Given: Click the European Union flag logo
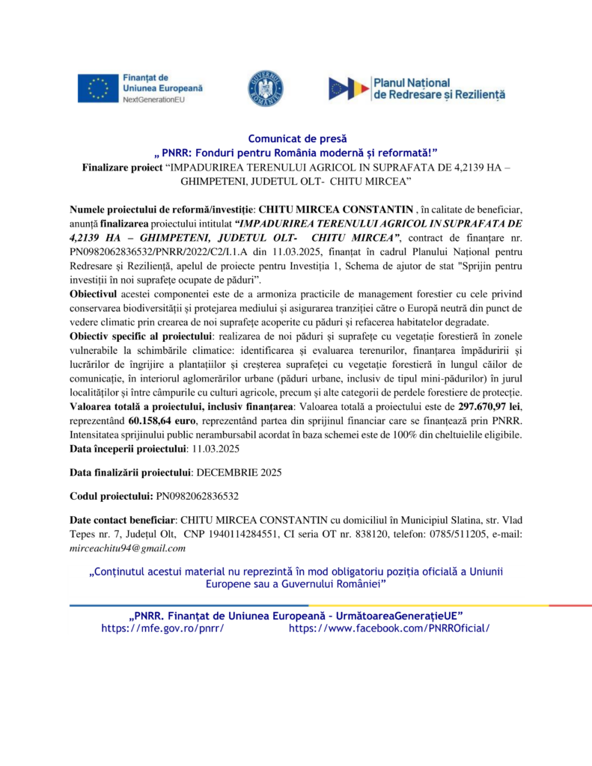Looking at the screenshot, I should point(97,88).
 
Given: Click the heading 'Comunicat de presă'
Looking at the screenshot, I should point(296,138).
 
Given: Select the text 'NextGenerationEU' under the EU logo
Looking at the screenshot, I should point(153,99).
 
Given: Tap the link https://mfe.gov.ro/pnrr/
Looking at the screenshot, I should point(162,628).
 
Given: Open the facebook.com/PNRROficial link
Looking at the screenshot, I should point(388,628).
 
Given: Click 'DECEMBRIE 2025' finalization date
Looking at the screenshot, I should point(239,472).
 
